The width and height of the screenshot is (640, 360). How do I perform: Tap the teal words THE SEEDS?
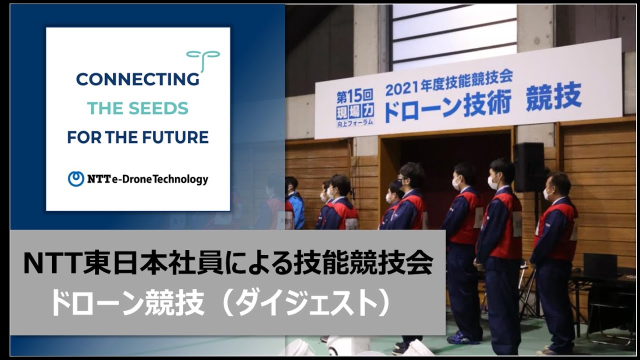(137, 108)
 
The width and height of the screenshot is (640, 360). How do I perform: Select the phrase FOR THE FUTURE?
(137, 137)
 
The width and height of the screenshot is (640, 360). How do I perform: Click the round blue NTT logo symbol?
(76, 179)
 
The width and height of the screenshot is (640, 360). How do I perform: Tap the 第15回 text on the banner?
(354, 95)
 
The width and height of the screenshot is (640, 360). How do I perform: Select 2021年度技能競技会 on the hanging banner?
(448, 82)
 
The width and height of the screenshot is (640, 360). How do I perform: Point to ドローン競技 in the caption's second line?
(127, 304)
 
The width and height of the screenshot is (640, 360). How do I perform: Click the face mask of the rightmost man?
(547, 193)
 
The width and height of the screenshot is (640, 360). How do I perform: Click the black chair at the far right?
(607, 300)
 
